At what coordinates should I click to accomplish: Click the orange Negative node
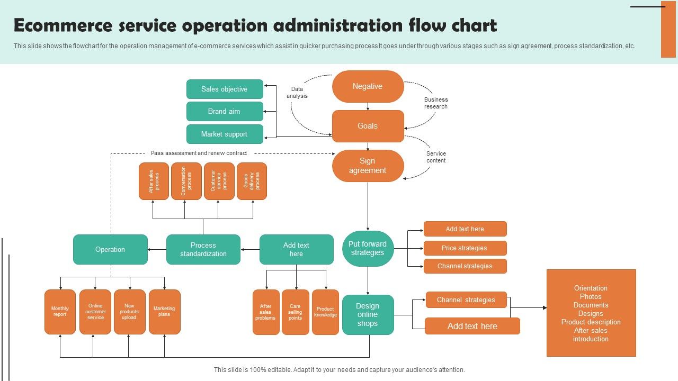click(368, 86)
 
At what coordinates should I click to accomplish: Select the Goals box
click(368, 126)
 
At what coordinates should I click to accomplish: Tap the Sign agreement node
click(368, 166)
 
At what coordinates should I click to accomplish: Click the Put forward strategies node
click(368, 249)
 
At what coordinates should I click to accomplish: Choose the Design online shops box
click(368, 315)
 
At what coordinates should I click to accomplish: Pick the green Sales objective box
click(225, 89)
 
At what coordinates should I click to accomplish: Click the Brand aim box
click(225, 112)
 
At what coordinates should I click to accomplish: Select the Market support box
click(225, 134)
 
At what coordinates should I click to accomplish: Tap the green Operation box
click(110, 249)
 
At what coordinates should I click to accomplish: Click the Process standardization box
click(203, 249)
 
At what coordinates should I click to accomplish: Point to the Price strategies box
click(465, 248)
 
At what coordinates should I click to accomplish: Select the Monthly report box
click(60, 312)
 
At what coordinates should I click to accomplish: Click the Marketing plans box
click(164, 312)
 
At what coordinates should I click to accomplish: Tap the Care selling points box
click(295, 312)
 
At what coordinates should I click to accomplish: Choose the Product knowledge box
click(325, 312)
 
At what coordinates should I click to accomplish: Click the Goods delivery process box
click(252, 181)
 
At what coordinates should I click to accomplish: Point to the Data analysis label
click(297, 93)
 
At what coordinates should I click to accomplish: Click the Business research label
click(436, 103)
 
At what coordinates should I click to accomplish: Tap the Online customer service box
click(95, 312)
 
